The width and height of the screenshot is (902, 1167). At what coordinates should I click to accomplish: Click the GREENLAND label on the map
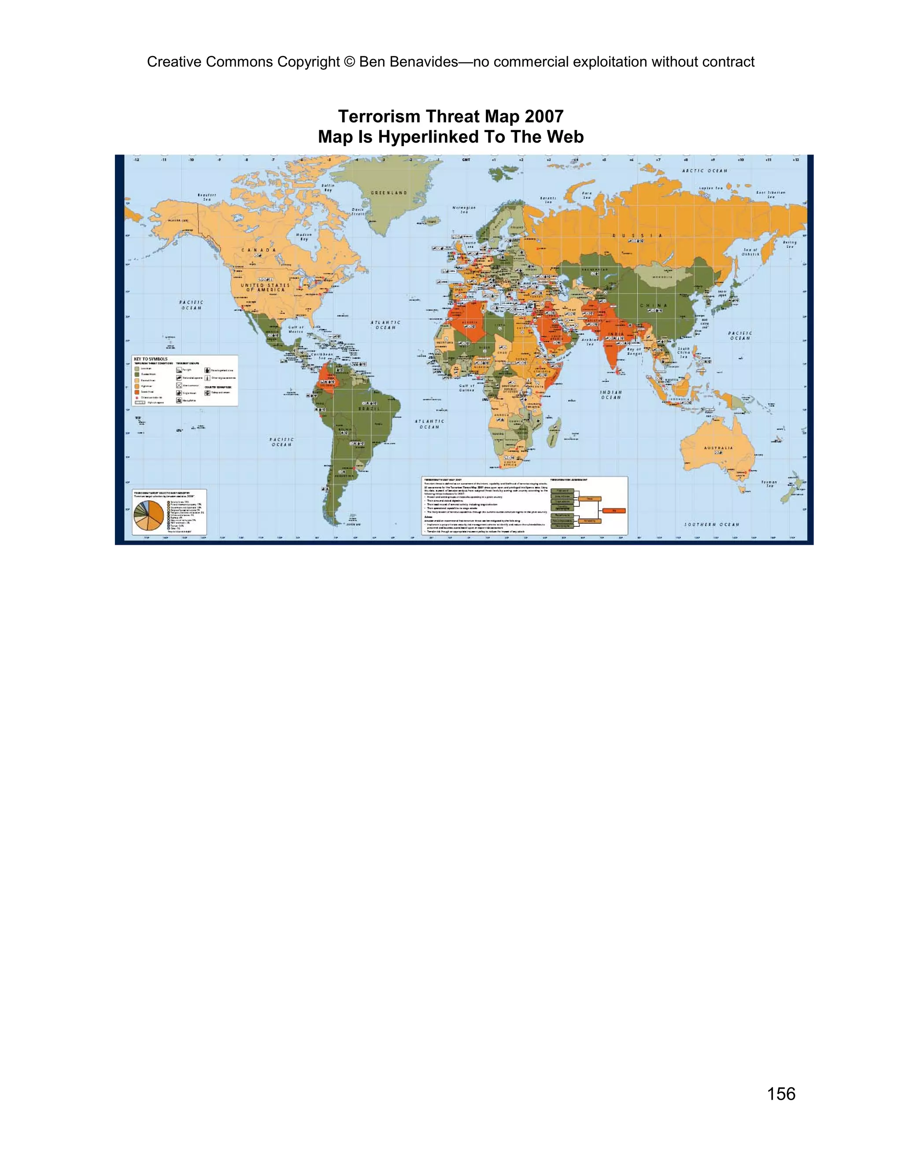388,193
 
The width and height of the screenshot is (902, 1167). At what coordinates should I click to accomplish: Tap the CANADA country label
259,250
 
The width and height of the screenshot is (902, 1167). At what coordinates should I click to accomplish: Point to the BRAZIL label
369,409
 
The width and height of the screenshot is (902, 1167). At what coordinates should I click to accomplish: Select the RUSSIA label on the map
637,236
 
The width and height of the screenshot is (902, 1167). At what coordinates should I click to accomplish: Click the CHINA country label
653,306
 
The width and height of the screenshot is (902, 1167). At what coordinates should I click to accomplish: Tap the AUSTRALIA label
718,448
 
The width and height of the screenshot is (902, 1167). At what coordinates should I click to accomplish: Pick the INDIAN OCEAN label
611,395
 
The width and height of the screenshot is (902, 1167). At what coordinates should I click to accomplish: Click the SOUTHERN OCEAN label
712,524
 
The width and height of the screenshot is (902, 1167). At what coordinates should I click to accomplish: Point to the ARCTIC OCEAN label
704,171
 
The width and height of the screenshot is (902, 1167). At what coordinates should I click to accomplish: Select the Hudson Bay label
304,237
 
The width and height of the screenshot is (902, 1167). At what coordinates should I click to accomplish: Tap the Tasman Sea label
769,484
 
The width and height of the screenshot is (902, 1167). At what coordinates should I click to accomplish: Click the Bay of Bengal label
634,351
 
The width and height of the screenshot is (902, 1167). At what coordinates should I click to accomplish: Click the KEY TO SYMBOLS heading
151,359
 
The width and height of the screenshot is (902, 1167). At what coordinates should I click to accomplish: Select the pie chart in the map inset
148,516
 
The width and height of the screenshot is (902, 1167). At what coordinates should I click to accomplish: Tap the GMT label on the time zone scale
466,160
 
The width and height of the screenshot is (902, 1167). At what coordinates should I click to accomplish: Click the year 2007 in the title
544,117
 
